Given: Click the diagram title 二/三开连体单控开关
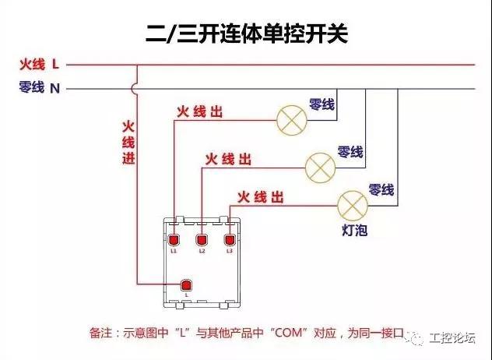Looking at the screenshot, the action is (247, 34).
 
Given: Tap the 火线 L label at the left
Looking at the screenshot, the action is (39, 65).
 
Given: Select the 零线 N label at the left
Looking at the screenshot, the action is (39, 87).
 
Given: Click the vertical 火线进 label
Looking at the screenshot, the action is (128, 143).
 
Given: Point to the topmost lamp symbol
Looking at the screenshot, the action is (291, 120).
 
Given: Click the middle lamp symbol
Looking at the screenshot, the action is (321, 168).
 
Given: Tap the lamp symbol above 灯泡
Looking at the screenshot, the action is (353, 206).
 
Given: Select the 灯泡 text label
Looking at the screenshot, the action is (354, 231).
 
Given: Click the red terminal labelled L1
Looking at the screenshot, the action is (174, 240).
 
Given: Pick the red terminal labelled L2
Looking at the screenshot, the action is (202, 240).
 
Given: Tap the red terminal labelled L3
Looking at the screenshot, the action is (230, 240).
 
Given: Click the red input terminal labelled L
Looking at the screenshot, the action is (186, 285).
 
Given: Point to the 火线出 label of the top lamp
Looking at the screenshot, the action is (199, 112).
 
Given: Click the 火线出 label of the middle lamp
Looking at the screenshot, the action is (228, 159).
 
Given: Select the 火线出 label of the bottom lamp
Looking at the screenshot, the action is (261, 197).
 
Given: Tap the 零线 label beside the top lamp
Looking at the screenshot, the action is (322, 104).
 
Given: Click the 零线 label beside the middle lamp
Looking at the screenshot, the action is (350, 152).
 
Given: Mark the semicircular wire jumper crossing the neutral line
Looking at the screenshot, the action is (134, 89).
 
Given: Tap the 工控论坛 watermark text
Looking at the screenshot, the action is (452, 338).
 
